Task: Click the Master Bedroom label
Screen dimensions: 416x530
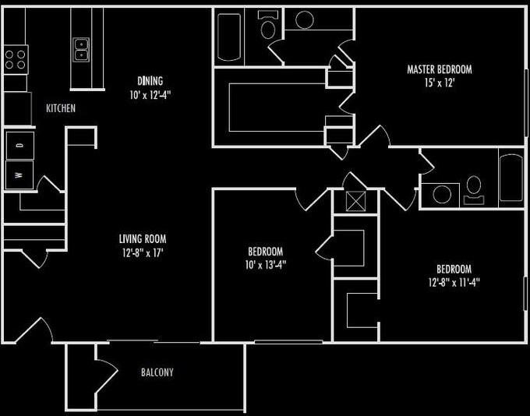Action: click(440, 69)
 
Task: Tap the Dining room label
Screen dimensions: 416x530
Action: click(150, 81)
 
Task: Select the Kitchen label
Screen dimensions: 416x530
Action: click(61, 108)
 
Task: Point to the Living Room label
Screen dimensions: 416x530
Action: click(143, 239)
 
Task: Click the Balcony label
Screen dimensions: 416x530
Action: click(157, 372)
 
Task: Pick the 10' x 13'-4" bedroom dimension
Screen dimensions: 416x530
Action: click(266, 264)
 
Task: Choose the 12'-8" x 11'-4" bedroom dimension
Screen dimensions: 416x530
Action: click(453, 283)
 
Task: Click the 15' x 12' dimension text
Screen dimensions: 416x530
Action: click(440, 83)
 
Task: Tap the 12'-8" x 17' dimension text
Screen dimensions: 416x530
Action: click(143, 252)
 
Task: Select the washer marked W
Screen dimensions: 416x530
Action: click(18, 175)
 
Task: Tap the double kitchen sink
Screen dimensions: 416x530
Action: click(81, 50)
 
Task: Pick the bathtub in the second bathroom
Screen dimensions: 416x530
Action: click(512, 178)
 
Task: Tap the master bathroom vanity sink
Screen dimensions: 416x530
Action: click(304, 20)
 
